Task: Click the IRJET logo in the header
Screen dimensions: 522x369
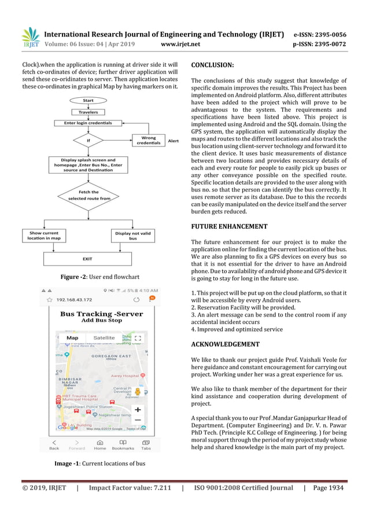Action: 31,38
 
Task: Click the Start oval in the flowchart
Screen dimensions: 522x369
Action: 88,101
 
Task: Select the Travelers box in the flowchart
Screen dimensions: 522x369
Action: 88,112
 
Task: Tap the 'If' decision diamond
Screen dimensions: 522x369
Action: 88,140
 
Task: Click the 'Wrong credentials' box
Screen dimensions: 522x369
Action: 149,141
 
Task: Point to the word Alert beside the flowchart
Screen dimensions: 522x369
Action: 173,141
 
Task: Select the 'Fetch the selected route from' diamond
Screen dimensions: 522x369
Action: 88,195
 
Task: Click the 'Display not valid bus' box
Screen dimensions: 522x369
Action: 133,236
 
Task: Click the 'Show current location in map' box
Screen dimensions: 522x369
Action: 44,236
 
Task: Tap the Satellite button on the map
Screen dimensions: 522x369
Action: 104,338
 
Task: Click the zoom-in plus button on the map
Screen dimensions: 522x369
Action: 138,410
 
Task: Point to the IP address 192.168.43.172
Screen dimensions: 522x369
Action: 77,300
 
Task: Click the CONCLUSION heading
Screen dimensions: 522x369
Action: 212,65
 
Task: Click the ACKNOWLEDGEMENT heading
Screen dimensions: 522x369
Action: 225,344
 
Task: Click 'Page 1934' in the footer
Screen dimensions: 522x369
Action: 327,488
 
